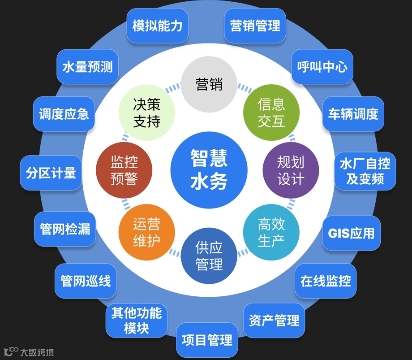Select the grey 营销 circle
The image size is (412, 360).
coord(209,84)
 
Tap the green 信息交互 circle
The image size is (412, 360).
coord(271,113)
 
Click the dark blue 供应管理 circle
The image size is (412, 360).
coord(209,256)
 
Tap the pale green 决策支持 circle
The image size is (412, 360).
coord(146,113)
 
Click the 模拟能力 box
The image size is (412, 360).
coord(157,26)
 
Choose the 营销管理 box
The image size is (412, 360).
coord(255,26)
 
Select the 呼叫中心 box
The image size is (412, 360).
coord(322,67)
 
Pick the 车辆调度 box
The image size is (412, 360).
coord(353,114)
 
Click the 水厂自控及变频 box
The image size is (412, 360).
coord(365,171)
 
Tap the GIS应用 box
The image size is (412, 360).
coord(351,233)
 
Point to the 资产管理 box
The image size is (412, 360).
coord(274,321)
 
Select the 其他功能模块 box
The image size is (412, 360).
coord(136,320)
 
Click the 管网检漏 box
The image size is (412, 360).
coord(65,229)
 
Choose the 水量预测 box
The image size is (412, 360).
coord(87,67)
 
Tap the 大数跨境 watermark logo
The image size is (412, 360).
coord(29,352)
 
